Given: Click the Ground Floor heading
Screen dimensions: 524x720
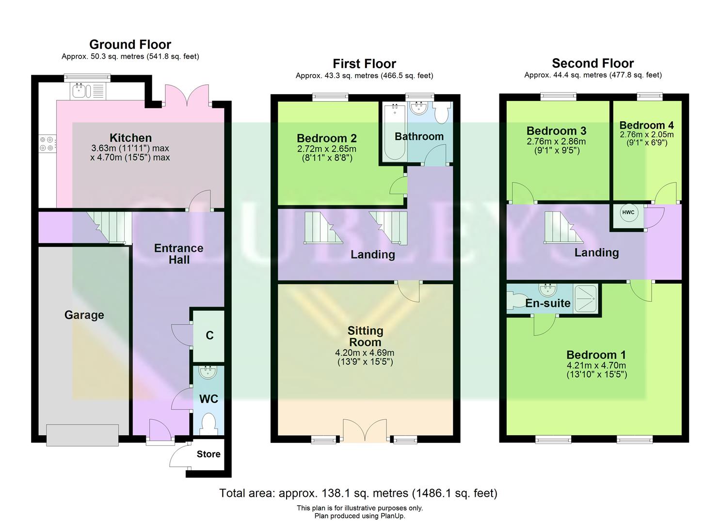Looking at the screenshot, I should pyautogui.click(x=130, y=45).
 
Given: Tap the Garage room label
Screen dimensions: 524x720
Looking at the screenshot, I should pyautogui.click(x=84, y=315).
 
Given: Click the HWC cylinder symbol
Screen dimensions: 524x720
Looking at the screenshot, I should pyautogui.click(x=628, y=213).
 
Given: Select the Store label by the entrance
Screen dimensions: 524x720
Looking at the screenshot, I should pyautogui.click(x=208, y=455).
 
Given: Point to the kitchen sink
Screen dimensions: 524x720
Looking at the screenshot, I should pyautogui.click(x=79, y=91).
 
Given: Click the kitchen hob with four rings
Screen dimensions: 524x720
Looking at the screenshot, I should pyautogui.click(x=47, y=143).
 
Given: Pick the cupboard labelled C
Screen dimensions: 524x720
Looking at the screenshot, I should pyautogui.click(x=209, y=336).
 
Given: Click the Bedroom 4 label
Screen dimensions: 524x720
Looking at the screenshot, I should pyautogui.click(x=646, y=125).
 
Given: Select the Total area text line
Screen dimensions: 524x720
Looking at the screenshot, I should pyautogui.click(x=358, y=493).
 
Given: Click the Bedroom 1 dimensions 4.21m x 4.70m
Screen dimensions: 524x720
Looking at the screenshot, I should pyautogui.click(x=596, y=370).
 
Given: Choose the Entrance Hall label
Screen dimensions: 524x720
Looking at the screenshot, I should pyautogui.click(x=178, y=254).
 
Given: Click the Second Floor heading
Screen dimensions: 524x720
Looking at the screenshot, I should pyautogui.click(x=592, y=64).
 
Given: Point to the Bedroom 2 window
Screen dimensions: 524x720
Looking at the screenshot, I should pyautogui.click(x=330, y=97).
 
